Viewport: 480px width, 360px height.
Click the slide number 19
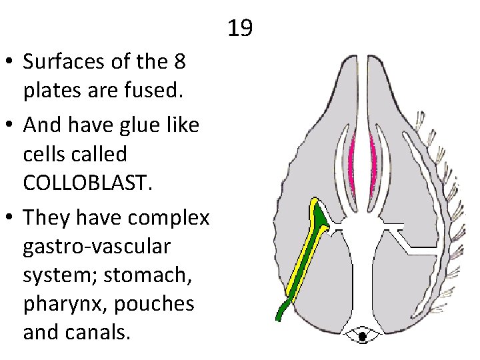pyautogui.click(x=240, y=29)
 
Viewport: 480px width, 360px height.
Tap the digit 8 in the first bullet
pyautogui.click(x=179, y=63)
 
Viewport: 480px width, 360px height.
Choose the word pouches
pyautogui.click(x=154, y=303)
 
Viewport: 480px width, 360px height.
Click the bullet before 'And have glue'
pyautogui.click(x=12, y=125)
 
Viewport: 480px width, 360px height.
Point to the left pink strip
pyautogui.click(x=351, y=160)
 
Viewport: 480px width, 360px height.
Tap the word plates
pyautogui.click(x=51, y=91)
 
